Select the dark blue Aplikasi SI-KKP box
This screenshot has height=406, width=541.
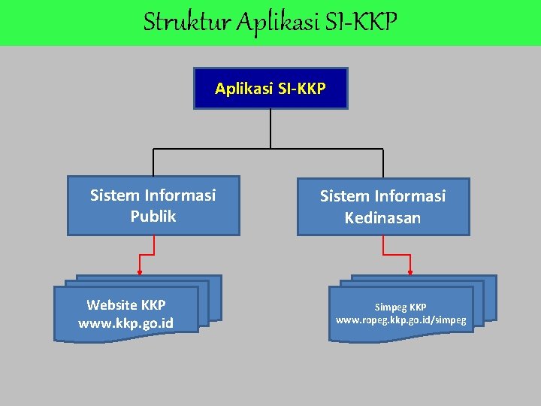270,89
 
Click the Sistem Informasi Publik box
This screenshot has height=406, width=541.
153,205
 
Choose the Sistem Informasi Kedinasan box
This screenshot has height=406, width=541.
383,207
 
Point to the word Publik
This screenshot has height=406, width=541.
153,217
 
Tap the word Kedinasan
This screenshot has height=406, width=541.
382,218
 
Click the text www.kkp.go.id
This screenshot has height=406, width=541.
125,323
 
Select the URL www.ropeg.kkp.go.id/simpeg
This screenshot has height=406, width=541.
400,320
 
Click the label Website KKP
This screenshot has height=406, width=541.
125,305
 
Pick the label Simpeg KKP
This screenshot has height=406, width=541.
400,308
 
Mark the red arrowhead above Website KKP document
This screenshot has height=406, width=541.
139,273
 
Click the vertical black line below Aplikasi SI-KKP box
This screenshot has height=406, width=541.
270,128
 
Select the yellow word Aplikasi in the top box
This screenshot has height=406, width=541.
241,89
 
